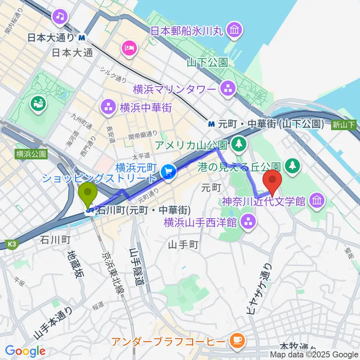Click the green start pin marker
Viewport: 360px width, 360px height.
[x=88, y=193]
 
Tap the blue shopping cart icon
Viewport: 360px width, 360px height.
[x=168, y=172]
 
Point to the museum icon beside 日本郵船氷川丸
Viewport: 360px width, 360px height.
[x=235, y=30]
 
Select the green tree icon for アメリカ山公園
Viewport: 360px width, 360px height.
[x=237, y=144]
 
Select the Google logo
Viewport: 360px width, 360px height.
[x=25, y=351]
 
